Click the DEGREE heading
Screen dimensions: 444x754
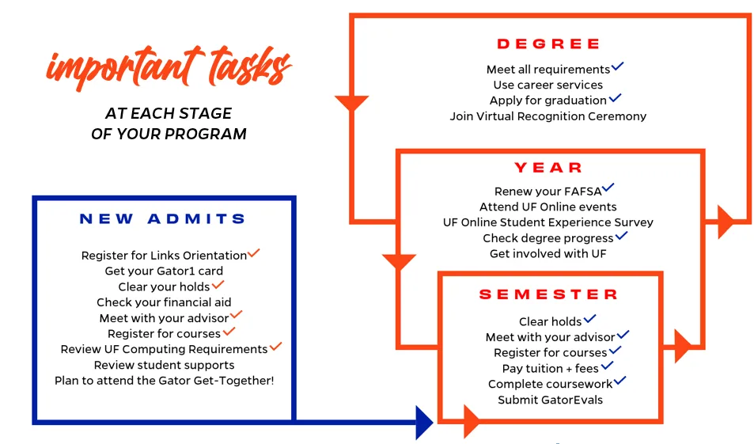click(x=548, y=44)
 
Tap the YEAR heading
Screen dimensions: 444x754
click(x=548, y=168)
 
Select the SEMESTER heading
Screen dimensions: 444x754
click(x=548, y=294)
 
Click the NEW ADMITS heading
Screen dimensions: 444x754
click(x=163, y=219)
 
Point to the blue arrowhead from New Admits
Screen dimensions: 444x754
click(x=423, y=422)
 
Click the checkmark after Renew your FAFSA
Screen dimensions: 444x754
click(x=608, y=188)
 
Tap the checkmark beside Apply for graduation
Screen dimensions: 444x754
click(x=615, y=98)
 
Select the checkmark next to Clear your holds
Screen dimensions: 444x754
click(x=218, y=284)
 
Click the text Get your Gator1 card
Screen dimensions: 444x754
click(x=164, y=271)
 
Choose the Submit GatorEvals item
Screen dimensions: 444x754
click(x=550, y=400)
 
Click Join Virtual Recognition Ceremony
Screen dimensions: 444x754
click(x=548, y=116)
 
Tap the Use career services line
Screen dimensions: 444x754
click(x=548, y=85)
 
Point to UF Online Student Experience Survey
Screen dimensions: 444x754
click(x=548, y=222)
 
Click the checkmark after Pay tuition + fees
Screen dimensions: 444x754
click(x=607, y=366)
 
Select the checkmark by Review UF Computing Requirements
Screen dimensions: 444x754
click(x=275, y=347)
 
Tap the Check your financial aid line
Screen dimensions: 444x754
click(x=164, y=302)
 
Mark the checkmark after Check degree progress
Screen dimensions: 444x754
click(x=621, y=236)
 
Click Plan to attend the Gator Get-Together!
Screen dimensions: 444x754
click(x=164, y=381)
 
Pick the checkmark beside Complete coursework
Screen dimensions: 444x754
click(x=619, y=381)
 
